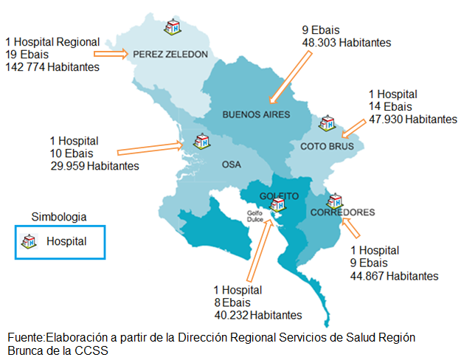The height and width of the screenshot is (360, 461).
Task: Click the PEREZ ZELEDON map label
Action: [165, 54]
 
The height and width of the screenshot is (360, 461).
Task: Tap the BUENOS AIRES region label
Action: [256, 114]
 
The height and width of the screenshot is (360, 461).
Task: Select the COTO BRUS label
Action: [327, 146]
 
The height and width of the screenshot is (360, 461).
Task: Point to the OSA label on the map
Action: [232, 165]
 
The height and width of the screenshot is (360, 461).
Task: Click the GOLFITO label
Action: [279, 196]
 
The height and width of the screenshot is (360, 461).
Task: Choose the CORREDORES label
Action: [342, 212]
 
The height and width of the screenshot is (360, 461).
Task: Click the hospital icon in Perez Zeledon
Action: [173, 27]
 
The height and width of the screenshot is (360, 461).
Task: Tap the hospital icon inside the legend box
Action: [30, 241]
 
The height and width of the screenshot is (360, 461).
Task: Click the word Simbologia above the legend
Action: [59, 217]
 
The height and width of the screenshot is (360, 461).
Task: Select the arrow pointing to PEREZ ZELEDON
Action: [115, 54]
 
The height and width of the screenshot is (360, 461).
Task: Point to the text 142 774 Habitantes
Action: [52, 67]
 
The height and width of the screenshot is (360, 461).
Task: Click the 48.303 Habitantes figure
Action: [347, 43]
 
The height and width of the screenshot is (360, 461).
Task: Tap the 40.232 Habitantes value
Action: [257, 315]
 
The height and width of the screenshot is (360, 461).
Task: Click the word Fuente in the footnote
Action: [26, 337]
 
